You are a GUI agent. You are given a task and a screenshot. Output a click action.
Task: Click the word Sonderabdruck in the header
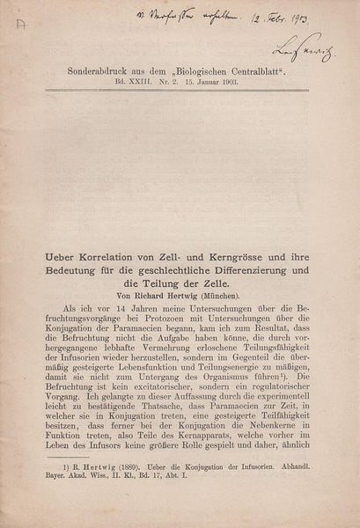click(x=97, y=77)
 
